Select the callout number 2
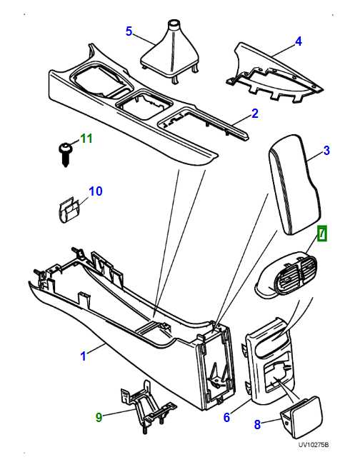click(254, 114)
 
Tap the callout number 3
click(326, 150)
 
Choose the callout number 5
click(129, 31)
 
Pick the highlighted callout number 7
click(322, 233)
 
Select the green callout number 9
click(99, 416)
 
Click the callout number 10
click(96, 191)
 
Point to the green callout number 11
click(86, 138)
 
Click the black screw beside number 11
click(64, 152)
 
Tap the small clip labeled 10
click(69, 208)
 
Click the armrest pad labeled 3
click(294, 187)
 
